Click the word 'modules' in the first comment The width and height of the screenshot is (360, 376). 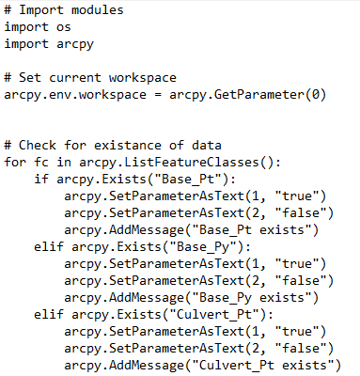98,10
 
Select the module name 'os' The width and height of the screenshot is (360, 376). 64,27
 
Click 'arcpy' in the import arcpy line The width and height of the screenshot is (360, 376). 75,44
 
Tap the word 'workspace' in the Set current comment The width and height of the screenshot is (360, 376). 143,78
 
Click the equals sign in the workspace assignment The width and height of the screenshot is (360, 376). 158,95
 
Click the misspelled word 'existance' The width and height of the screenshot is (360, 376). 128,146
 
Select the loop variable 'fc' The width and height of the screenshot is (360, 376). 41,163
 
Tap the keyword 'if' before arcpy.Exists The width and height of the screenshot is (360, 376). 41,180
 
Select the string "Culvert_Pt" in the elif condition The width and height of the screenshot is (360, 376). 214,315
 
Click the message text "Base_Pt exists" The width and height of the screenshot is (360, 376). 252,230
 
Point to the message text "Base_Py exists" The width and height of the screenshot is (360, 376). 252,298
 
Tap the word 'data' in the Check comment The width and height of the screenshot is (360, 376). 207,146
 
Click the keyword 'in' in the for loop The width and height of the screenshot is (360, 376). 64,163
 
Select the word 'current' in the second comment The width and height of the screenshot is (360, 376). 75,78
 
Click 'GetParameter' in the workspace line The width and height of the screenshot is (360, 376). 258,95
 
